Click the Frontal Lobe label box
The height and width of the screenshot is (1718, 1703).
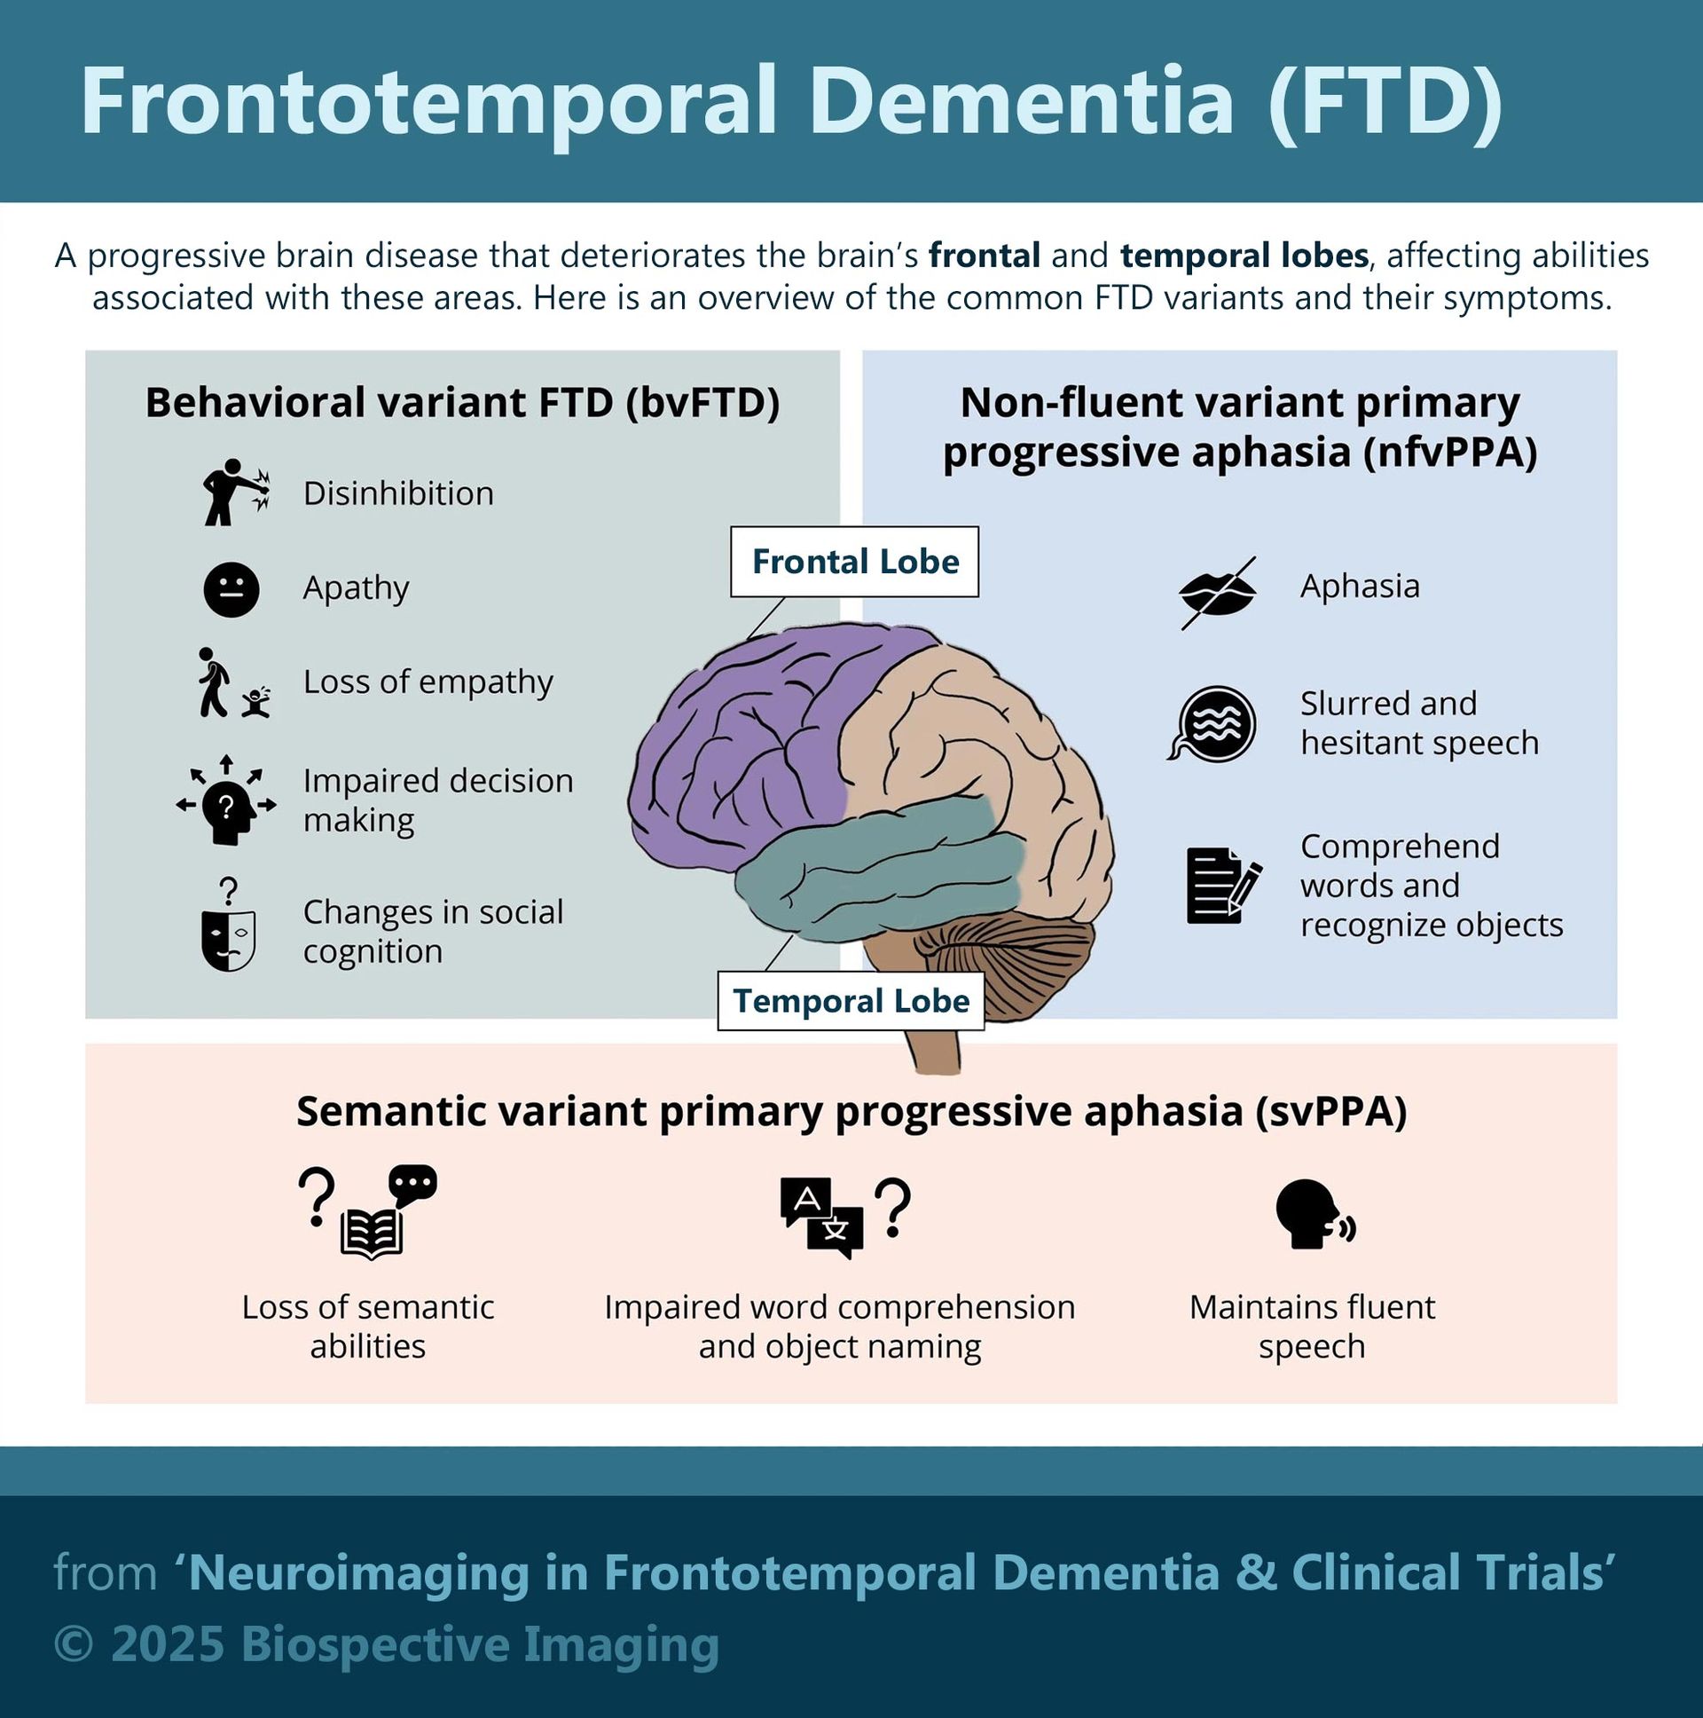pyautogui.click(x=854, y=561)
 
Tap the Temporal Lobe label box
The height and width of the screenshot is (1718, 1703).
pyautogui.click(x=851, y=1001)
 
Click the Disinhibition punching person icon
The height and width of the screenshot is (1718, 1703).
pyautogui.click(x=234, y=492)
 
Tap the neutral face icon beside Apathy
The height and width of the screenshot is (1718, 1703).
pyautogui.click(x=232, y=589)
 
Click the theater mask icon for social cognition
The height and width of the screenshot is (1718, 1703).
pyautogui.click(x=229, y=938)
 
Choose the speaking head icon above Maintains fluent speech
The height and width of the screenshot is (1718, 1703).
pyautogui.click(x=1313, y=1216)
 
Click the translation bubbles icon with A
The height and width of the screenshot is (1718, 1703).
pyautogui.click(x=822, y=1217)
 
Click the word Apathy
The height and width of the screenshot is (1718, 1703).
pyautogui.click(x=356, y=587)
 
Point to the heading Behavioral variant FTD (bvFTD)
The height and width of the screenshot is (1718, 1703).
pyautogui.click(x=462, y=403)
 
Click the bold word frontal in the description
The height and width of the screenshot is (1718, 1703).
pyautogui.click(x=984, y=256)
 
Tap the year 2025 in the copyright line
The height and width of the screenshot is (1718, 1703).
pyautogui.click(x=167, y=1644)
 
